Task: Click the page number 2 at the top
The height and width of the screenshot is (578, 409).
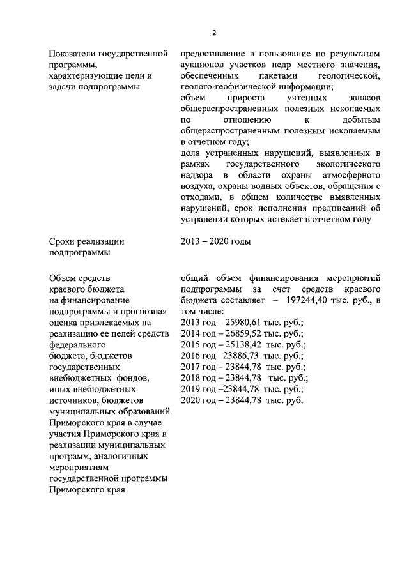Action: pos(215,33)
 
